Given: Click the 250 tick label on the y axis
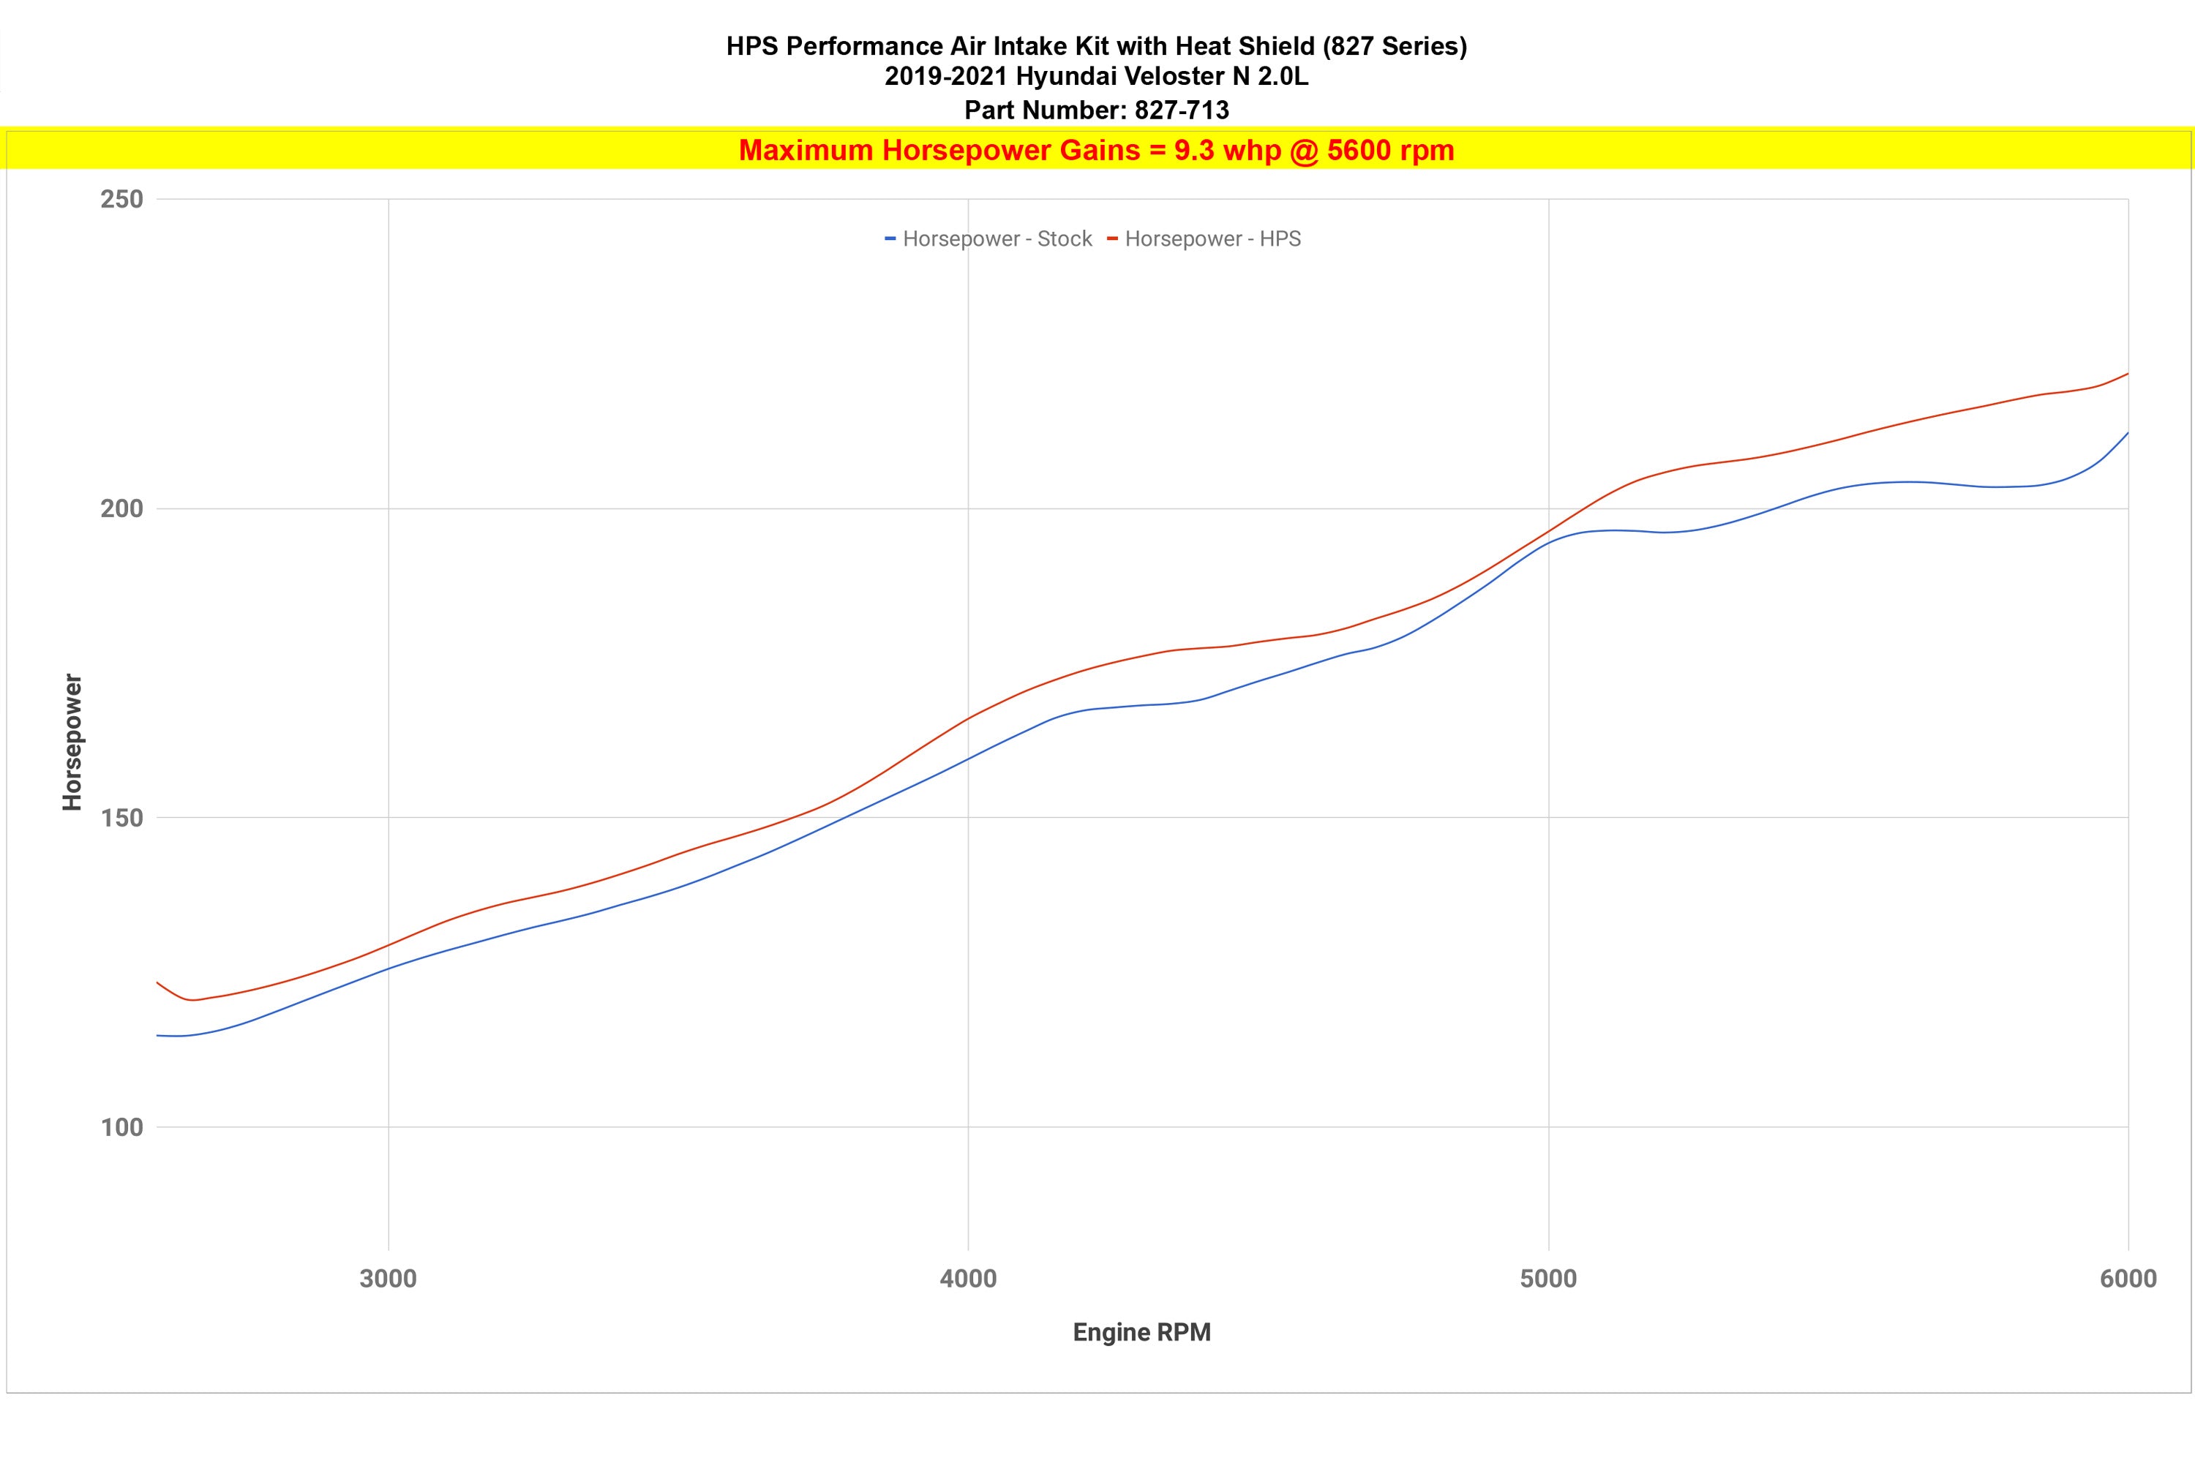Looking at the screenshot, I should [121, 200].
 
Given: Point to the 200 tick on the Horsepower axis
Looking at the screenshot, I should [121, 509].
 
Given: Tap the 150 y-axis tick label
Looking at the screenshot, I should [121, 819].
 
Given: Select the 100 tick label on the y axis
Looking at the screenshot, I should [121, 1128].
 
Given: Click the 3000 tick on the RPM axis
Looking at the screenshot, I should [389, 1278].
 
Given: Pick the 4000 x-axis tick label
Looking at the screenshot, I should [968, 1278].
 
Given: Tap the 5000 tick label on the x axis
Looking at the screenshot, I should [1548, 1278].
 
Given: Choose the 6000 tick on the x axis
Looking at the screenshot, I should [2128, 1278].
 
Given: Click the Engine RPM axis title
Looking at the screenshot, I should [1141, 1332].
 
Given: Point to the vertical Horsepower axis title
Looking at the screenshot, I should [72, 742].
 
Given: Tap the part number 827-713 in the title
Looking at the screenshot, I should [1182, 110].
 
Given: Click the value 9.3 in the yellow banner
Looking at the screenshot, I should [1193, 150].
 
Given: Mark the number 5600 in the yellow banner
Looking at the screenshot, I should [1359, 150].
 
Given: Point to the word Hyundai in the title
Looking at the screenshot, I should [1058, 77].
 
